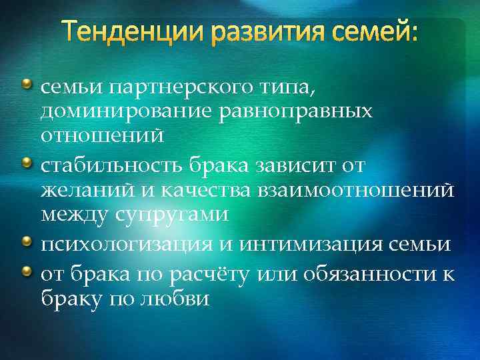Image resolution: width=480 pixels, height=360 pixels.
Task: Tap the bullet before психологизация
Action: pyautogui.click(x=26, y=241)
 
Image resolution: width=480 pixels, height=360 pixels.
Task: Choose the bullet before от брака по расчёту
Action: pyautogui.click(x=26, y=267)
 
